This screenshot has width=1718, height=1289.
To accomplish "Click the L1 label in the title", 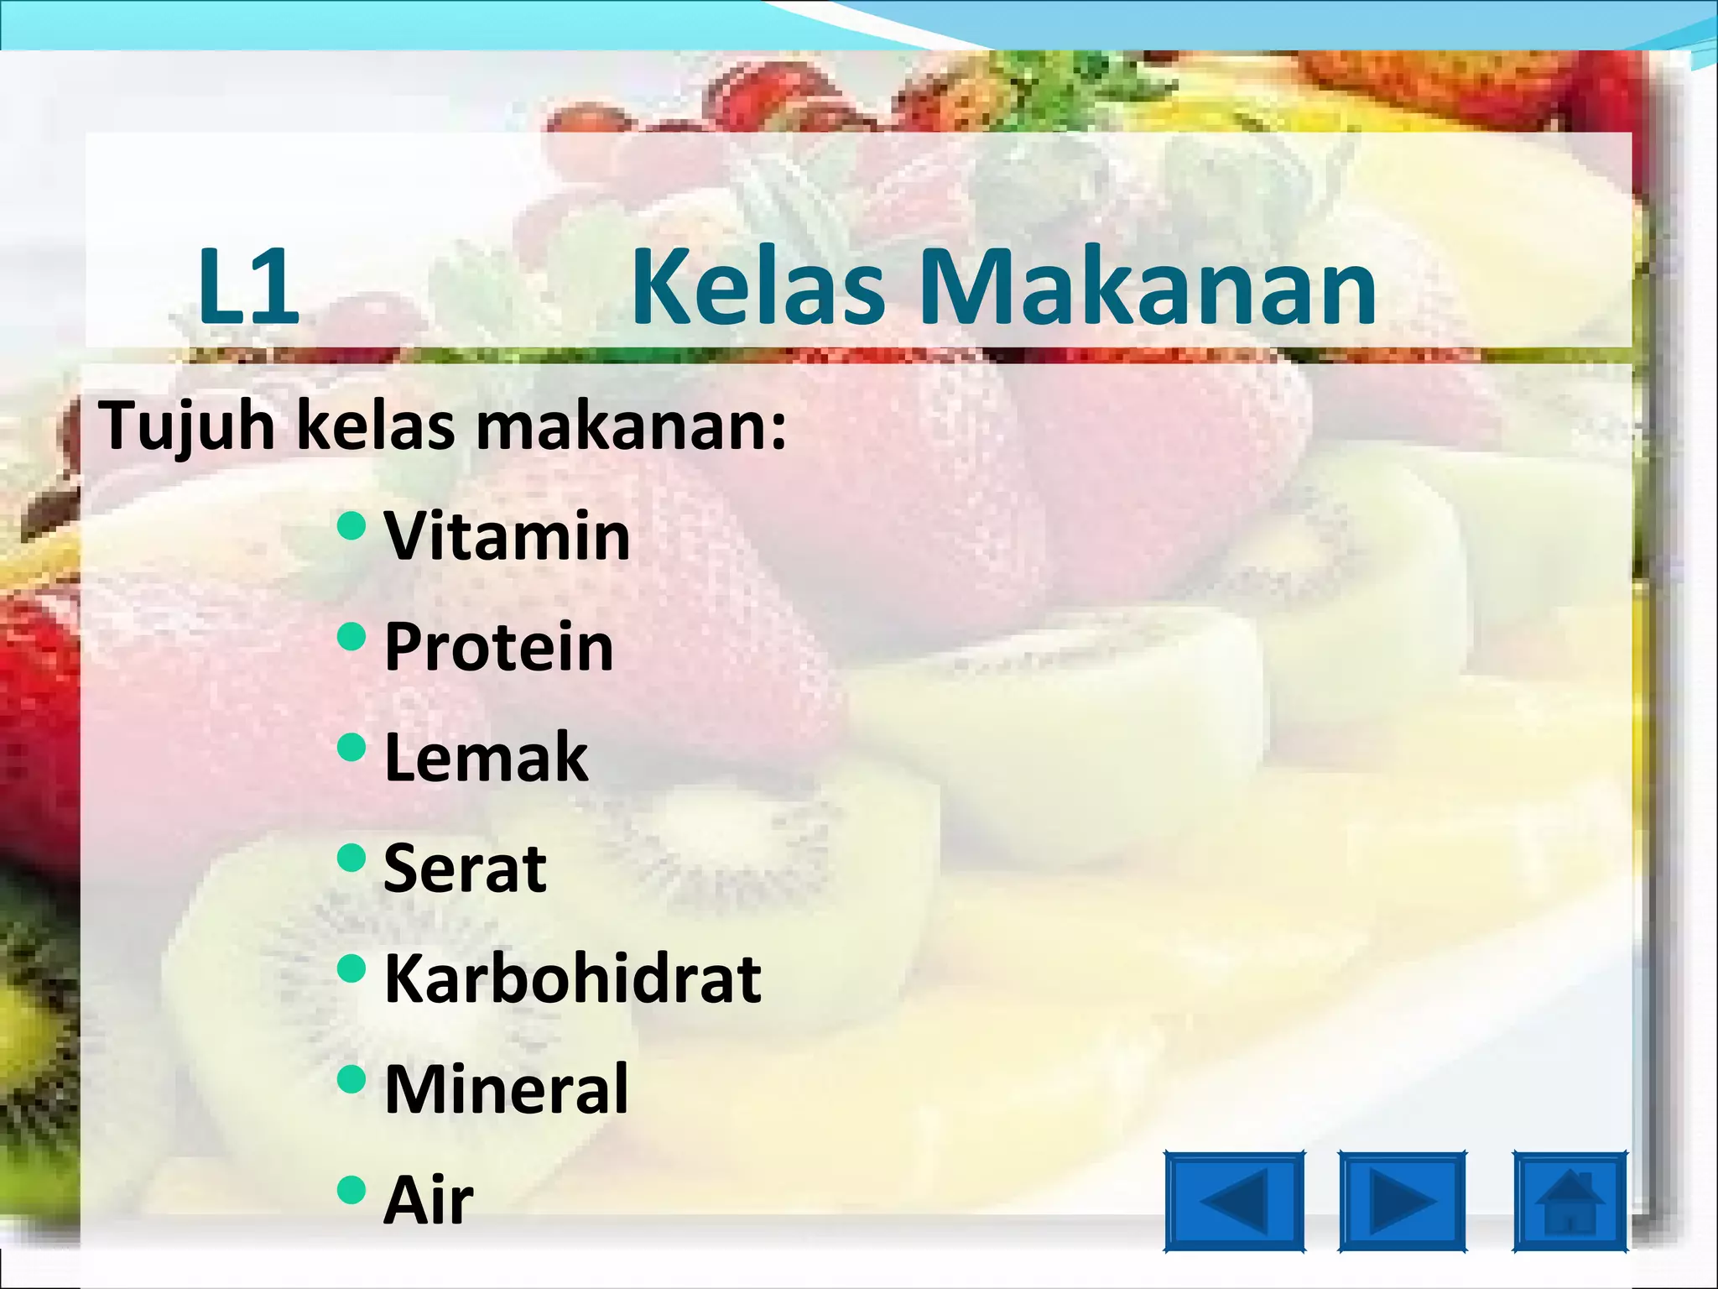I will point(248,287).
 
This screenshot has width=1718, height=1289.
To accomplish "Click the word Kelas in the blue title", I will point(757,287).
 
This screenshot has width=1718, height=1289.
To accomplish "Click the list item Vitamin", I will point(507,536).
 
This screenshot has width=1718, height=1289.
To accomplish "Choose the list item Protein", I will point(499,647).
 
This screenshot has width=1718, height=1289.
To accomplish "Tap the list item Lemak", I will point(487,757).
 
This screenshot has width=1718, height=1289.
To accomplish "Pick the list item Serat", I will point(465,868).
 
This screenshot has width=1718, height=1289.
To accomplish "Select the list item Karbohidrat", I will point(572,978).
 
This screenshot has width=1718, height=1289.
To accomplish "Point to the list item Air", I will point(429,1200).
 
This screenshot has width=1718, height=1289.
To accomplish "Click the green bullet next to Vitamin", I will point(351,526).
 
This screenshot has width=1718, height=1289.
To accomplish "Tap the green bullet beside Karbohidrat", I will point(351,968).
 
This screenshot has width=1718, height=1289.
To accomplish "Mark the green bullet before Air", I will point(351,1189).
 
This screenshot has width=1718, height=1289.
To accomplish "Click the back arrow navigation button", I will point(1234,1202).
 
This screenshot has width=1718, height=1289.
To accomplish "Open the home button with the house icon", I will point(1570,1202).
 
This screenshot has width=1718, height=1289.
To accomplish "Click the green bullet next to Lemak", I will point(351,747).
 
